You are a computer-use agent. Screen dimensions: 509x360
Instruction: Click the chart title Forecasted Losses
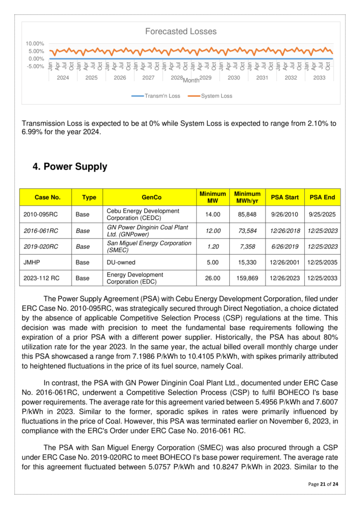click(180, 31)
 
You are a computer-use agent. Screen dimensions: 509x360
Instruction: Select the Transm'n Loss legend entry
click(162, 96)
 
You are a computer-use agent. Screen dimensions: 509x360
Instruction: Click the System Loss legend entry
click(216, 96)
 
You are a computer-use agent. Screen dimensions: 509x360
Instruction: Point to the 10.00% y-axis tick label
click(35, 44)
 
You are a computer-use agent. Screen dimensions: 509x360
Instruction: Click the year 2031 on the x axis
click(262, 78)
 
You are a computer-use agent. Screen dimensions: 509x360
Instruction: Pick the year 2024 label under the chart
click(63, 78)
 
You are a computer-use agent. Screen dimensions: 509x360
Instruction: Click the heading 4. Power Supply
click(70, 167)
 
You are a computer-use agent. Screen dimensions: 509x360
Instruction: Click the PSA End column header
click(322, 197)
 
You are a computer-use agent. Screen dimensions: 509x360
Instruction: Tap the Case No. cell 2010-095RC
click(41, 215)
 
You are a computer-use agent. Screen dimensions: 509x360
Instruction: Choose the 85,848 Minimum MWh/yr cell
click(248, 215)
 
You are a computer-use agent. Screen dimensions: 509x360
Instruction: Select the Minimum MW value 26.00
click(212, 278)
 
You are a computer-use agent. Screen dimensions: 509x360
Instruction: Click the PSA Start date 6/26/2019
click(284, 247)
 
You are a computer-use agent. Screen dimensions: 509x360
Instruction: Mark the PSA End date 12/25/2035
click(322, 262)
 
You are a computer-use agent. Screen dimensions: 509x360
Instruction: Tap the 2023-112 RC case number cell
click(42, 278)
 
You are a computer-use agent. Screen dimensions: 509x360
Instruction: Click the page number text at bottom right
click(323, 484)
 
